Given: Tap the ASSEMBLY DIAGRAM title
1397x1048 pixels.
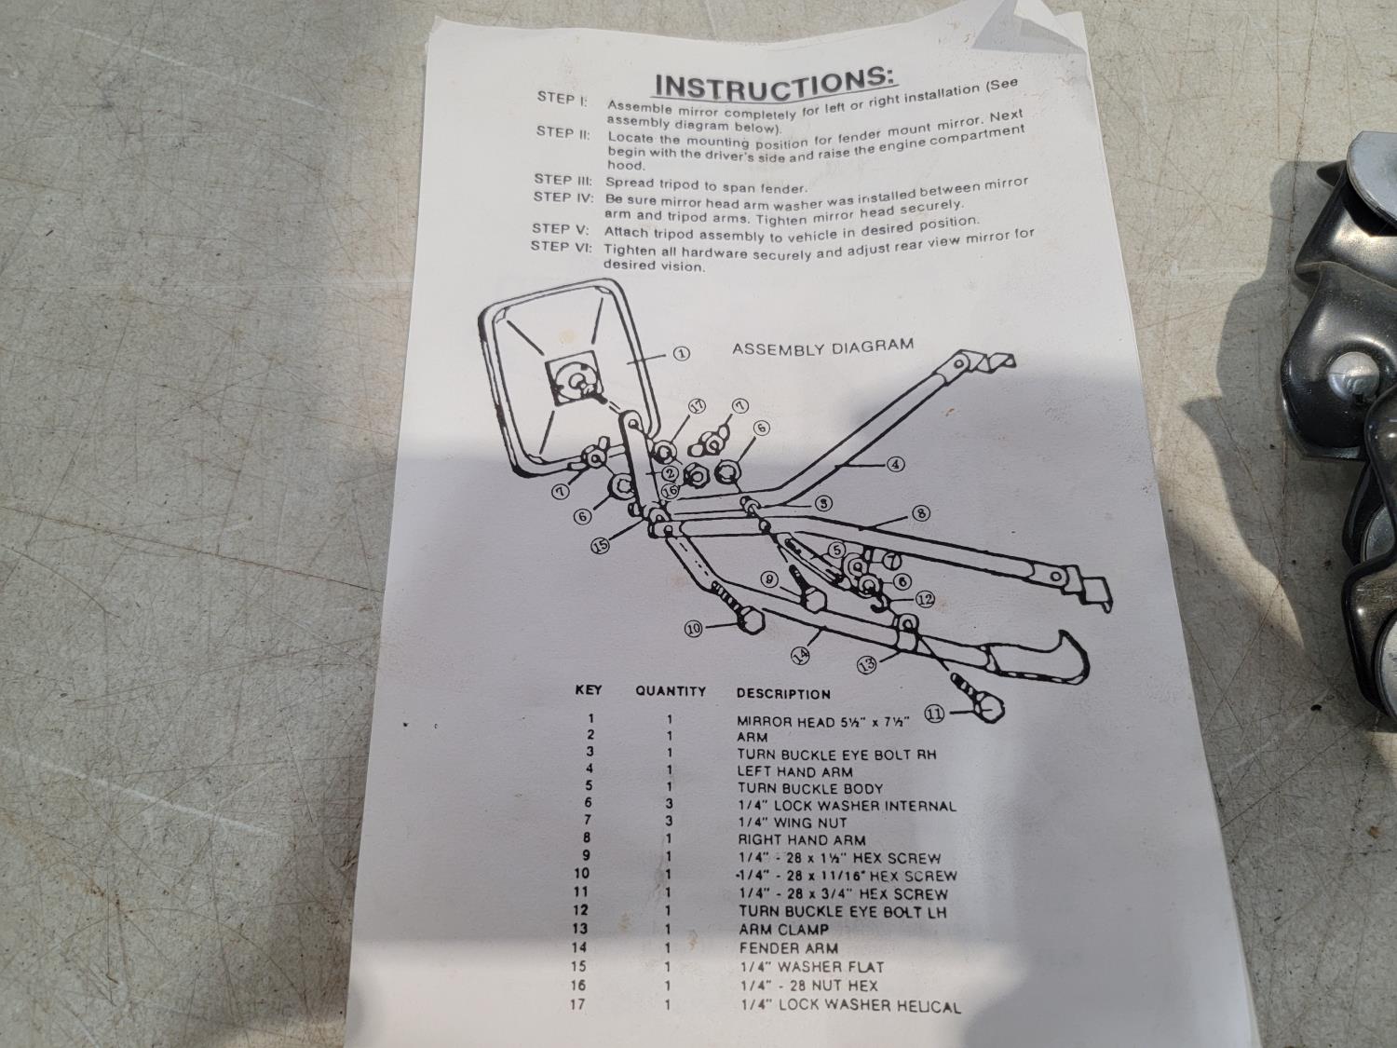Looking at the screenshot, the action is (x=823, y=347).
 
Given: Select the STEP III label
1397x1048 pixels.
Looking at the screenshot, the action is (x=563, y=180).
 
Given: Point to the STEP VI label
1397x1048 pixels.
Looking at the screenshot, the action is (x=561, y=246).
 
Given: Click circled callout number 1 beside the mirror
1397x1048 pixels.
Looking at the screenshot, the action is (x=681, y=353).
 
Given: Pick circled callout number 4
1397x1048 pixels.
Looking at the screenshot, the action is (x=896, y=465).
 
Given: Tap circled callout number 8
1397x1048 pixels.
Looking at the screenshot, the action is (x=921, y=513).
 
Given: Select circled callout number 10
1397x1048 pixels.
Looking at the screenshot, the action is (x=694, y=629).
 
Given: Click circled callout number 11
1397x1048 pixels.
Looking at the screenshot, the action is (x=934, y=714).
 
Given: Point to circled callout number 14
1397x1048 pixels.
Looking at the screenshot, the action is (x=801, y=654).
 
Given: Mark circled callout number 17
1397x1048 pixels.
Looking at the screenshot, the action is (x=698, y=406).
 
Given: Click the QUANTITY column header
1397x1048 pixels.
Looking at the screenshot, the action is (x=671, y=691).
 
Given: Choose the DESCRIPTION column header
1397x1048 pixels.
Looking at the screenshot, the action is (x=783, y=694).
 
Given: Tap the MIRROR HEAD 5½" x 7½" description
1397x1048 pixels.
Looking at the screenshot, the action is (x=823, y=722).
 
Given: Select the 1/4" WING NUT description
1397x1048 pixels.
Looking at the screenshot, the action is (x=792, y=823).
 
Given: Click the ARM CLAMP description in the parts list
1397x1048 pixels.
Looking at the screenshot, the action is (x=784, y=930).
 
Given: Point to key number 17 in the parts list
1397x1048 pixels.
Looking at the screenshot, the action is (x=577, y=1005).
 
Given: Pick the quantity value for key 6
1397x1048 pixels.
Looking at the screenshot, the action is (x=669, y=804).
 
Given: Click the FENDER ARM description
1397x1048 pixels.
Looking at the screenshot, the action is (x=789, y=948).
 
